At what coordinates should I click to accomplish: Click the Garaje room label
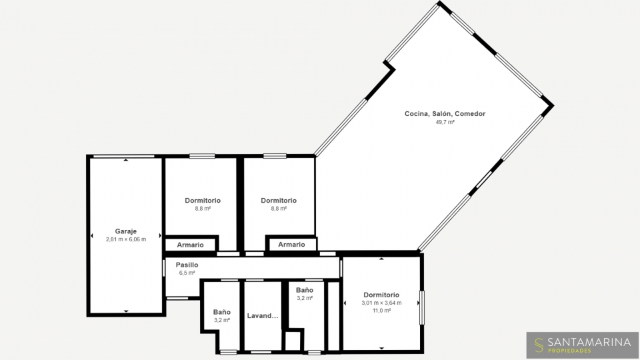pos(126,231)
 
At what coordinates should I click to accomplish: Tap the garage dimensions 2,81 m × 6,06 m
pos(126,239)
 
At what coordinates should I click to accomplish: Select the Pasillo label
pos(187,265)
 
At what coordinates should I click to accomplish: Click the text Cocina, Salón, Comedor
pos(445,114)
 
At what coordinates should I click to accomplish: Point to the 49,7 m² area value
pos(445,122)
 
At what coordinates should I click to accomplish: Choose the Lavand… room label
pos(263,315)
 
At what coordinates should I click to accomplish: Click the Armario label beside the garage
pos(190,245)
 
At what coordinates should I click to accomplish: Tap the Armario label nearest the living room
pos(291,245)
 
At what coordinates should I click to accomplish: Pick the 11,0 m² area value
pos(381,311)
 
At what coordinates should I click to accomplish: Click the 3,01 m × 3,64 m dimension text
pos(381,303)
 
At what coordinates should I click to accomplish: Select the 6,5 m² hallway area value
pos(187,273)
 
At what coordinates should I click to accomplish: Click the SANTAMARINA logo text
pos(589,342)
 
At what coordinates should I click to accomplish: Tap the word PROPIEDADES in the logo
pos(569,351)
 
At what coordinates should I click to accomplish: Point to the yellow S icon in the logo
pos(539,345)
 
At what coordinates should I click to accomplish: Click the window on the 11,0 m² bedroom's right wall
pos(422,308)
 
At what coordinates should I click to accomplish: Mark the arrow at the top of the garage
pos(126,160)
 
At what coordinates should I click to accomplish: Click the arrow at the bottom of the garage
pos(126,311)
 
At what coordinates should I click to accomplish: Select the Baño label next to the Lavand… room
pos(221,312)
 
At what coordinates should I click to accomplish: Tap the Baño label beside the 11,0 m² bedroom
pos(305,290)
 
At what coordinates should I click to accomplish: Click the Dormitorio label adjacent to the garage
pos(203,201)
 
